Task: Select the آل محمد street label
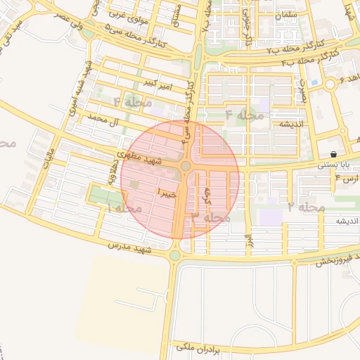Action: click(x=98, y=120)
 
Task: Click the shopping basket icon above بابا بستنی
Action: click(x=332, y=153)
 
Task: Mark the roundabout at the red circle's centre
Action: click(x=186, y=166)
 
